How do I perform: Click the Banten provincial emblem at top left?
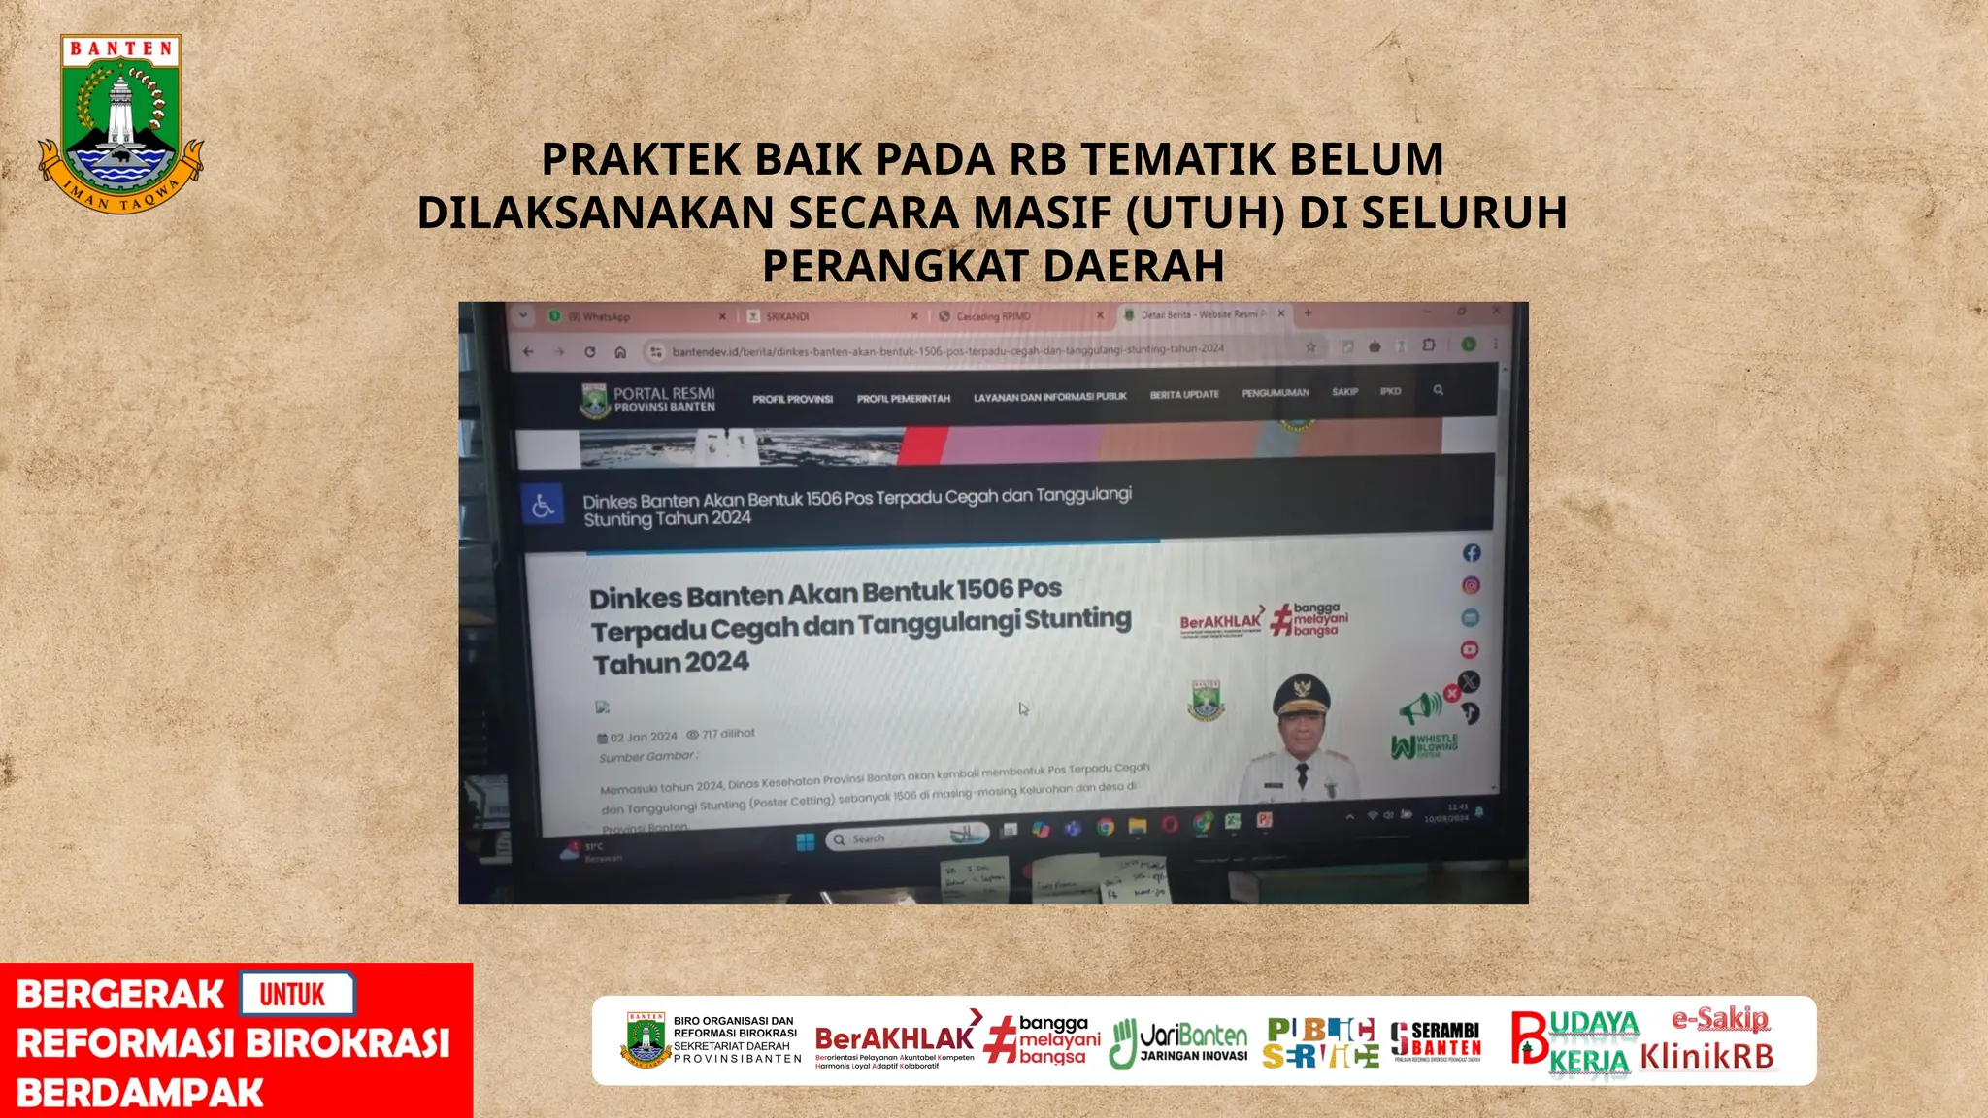coord(120,122)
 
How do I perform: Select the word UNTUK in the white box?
coord(293,995)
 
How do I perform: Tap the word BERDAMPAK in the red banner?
coord(140,1094)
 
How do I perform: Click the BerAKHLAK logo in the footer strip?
coord(894,1041)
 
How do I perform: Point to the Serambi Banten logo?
coord(1436,1041)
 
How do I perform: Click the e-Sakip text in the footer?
coord(1719,1019)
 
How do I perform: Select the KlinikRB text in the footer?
coord(1706,1057)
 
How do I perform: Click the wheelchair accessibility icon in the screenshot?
coord(543,507)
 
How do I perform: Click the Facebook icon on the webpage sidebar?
coord(1472,553)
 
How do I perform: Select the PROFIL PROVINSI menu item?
coord(792,399)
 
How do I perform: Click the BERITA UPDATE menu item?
coord(1184,395)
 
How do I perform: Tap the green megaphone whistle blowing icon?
coord(1420,707)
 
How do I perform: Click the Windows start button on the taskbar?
coord(806,841)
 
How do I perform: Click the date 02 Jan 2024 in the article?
coord(644,737)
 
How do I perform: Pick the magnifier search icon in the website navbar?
coord(1439,390)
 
